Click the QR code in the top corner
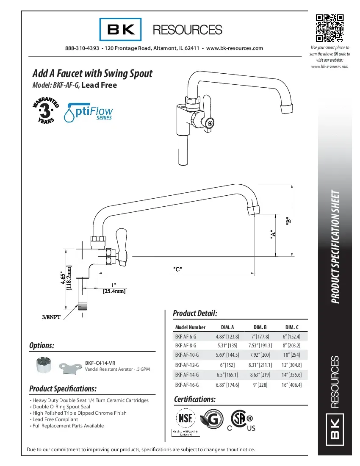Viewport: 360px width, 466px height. point(330,28)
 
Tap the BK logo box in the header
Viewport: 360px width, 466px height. point(120,29)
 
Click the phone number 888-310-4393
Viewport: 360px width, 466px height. point(82,48)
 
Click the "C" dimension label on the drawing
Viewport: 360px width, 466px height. point(178,269)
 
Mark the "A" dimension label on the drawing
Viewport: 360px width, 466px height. point(273,234)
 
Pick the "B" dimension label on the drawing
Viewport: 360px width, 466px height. point(288,221)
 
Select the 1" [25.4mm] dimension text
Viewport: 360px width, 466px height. point(114,288)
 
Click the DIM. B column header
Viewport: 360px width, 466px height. point(260,327)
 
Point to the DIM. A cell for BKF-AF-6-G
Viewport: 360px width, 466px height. point(227,336)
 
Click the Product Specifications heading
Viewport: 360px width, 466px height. point(63,388)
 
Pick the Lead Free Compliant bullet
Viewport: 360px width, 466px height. point(55,419)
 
